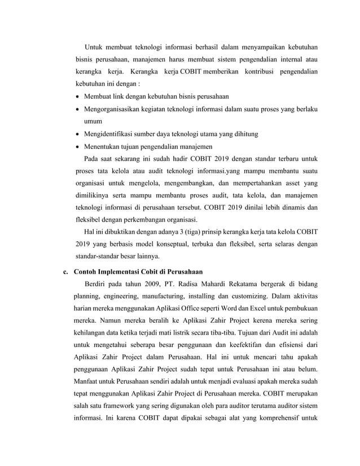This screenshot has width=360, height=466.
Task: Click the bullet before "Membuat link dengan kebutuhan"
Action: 78,96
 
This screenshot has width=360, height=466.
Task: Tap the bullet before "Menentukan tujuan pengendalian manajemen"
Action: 78,147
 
